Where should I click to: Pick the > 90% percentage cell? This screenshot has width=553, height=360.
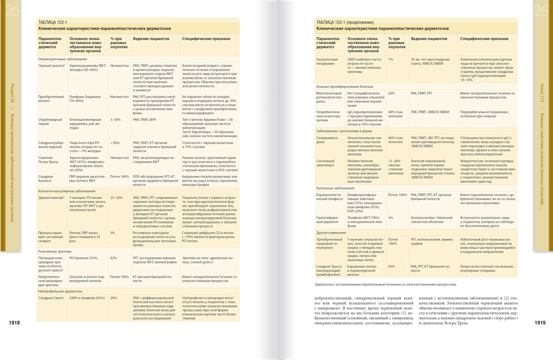point(115,143)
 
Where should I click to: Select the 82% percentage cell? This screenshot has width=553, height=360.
point(114,258)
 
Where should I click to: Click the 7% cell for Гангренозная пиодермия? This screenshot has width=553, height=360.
point(391,59)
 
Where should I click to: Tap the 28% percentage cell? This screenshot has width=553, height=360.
point(392,93)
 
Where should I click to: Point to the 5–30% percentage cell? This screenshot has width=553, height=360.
point(116,119)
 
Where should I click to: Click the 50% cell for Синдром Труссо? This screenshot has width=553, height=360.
point(392,266)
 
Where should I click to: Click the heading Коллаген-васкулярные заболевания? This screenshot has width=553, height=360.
point(66,191)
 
